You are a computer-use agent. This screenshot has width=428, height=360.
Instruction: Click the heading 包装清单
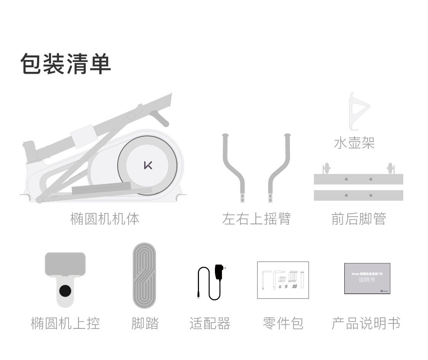point(65,64)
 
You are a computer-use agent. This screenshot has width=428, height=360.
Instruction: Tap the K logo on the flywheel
point(148,165)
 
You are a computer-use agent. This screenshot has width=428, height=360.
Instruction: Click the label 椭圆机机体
point(105,219)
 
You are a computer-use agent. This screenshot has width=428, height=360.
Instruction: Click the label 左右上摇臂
point(256,219)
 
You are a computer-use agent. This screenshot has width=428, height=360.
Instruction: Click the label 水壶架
point(354,143)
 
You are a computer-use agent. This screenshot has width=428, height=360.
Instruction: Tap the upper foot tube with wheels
point(358,179)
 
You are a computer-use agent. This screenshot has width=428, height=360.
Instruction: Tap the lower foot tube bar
point(358,195)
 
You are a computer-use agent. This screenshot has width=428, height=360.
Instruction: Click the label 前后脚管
point(359,219)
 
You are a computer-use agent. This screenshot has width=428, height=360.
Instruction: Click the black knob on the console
point(65,291)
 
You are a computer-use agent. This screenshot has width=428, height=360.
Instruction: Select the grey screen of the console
point(65,264)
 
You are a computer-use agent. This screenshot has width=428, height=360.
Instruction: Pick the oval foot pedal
point(144,276)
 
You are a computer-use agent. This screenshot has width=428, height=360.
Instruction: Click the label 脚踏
point(145,324)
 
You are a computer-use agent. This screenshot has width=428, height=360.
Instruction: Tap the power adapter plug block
point(219,272)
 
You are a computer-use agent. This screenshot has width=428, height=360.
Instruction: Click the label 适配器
point(210,324)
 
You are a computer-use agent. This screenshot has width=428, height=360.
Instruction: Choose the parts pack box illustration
point(283,280)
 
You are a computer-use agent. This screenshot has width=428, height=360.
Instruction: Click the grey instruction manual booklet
point(367,278)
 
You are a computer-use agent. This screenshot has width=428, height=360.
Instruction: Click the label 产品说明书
point(366,324)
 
